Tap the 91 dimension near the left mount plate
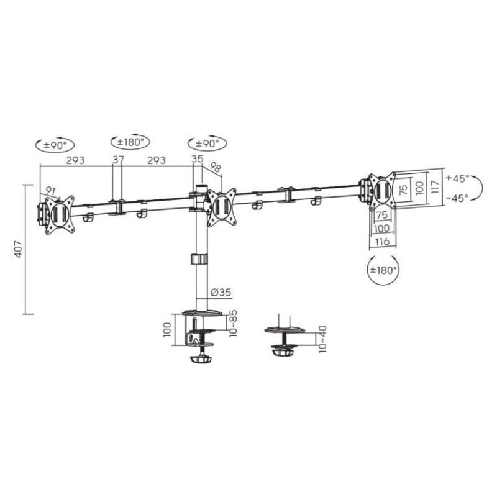[x=50, y=191]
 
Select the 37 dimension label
[x=118, y=160]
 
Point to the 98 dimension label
[x=216, y=168]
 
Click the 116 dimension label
[x=381, y=242]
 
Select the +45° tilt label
[x=457, y=178]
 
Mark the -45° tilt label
[x=457, y=199]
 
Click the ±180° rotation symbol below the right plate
[x=383, y=270]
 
